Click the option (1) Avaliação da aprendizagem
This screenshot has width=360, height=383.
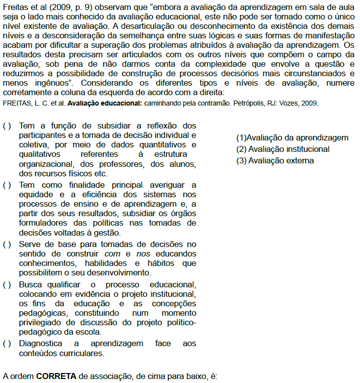pyautogui.click(x=292, y=138)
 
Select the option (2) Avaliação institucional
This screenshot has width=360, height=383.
pyautogui.click(x=283, y=149)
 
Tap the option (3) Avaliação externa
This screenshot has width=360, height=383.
pyautogui.click(x=275, y=160)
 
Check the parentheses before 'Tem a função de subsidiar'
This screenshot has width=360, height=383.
pyautogui.click(x=7, y=126)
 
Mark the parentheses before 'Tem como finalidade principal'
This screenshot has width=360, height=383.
pyautogui.click(x=7, y=185)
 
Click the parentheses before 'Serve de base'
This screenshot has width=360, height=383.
pyautogui.click(x=7, y=245)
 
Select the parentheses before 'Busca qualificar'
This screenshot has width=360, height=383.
pyautogui.click(x=7, y=284)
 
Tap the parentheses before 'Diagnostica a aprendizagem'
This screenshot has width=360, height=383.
pyautogui.click(x=7, y=344)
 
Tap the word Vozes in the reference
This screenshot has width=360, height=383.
pyautogui.click(x=292, y=104)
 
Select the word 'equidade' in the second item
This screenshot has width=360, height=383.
pyautogui.click(x=35, y=195)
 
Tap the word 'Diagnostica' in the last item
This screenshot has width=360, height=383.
pyautogui.click(x=40, y=344)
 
